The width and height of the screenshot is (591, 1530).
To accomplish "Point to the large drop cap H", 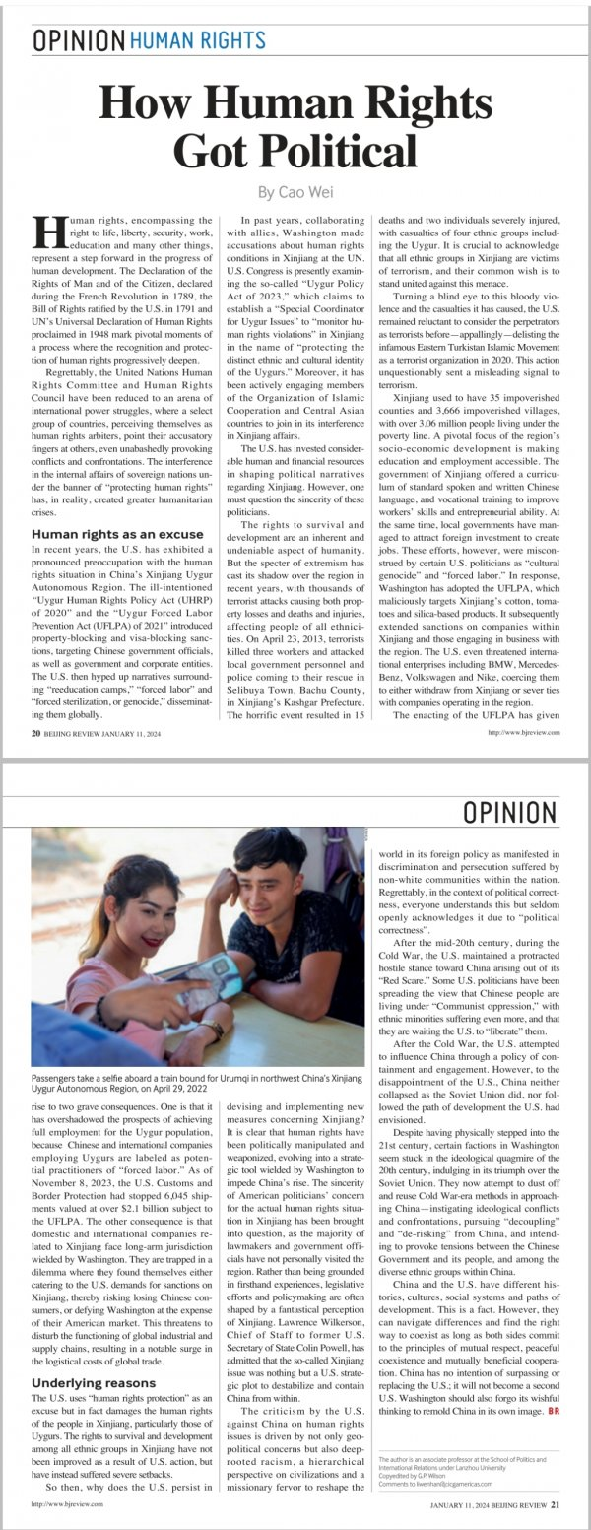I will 45,233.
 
